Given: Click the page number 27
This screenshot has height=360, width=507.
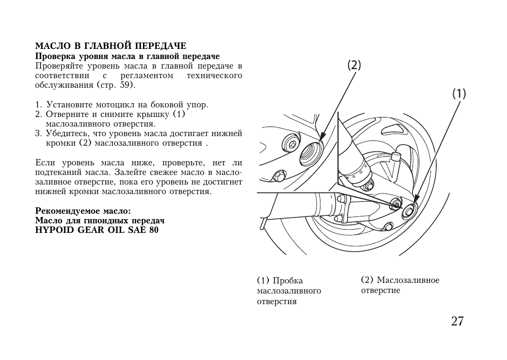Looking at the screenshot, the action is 457,321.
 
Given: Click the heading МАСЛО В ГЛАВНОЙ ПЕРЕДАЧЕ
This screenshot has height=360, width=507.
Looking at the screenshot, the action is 111,46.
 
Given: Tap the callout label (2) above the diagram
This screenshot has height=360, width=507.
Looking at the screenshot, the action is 354,65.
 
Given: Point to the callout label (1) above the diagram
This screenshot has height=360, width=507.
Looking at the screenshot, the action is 459,94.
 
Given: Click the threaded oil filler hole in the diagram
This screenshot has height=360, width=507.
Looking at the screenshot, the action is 311,153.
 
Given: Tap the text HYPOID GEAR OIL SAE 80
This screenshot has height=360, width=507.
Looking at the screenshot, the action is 97,230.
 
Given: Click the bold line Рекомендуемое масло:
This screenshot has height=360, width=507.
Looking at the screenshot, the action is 83,211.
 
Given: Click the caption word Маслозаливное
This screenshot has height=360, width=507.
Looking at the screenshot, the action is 408,280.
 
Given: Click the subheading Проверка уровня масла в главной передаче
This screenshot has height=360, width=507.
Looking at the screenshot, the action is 128,56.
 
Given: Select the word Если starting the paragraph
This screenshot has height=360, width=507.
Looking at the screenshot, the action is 45,163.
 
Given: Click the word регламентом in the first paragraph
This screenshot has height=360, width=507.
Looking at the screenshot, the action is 147,76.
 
